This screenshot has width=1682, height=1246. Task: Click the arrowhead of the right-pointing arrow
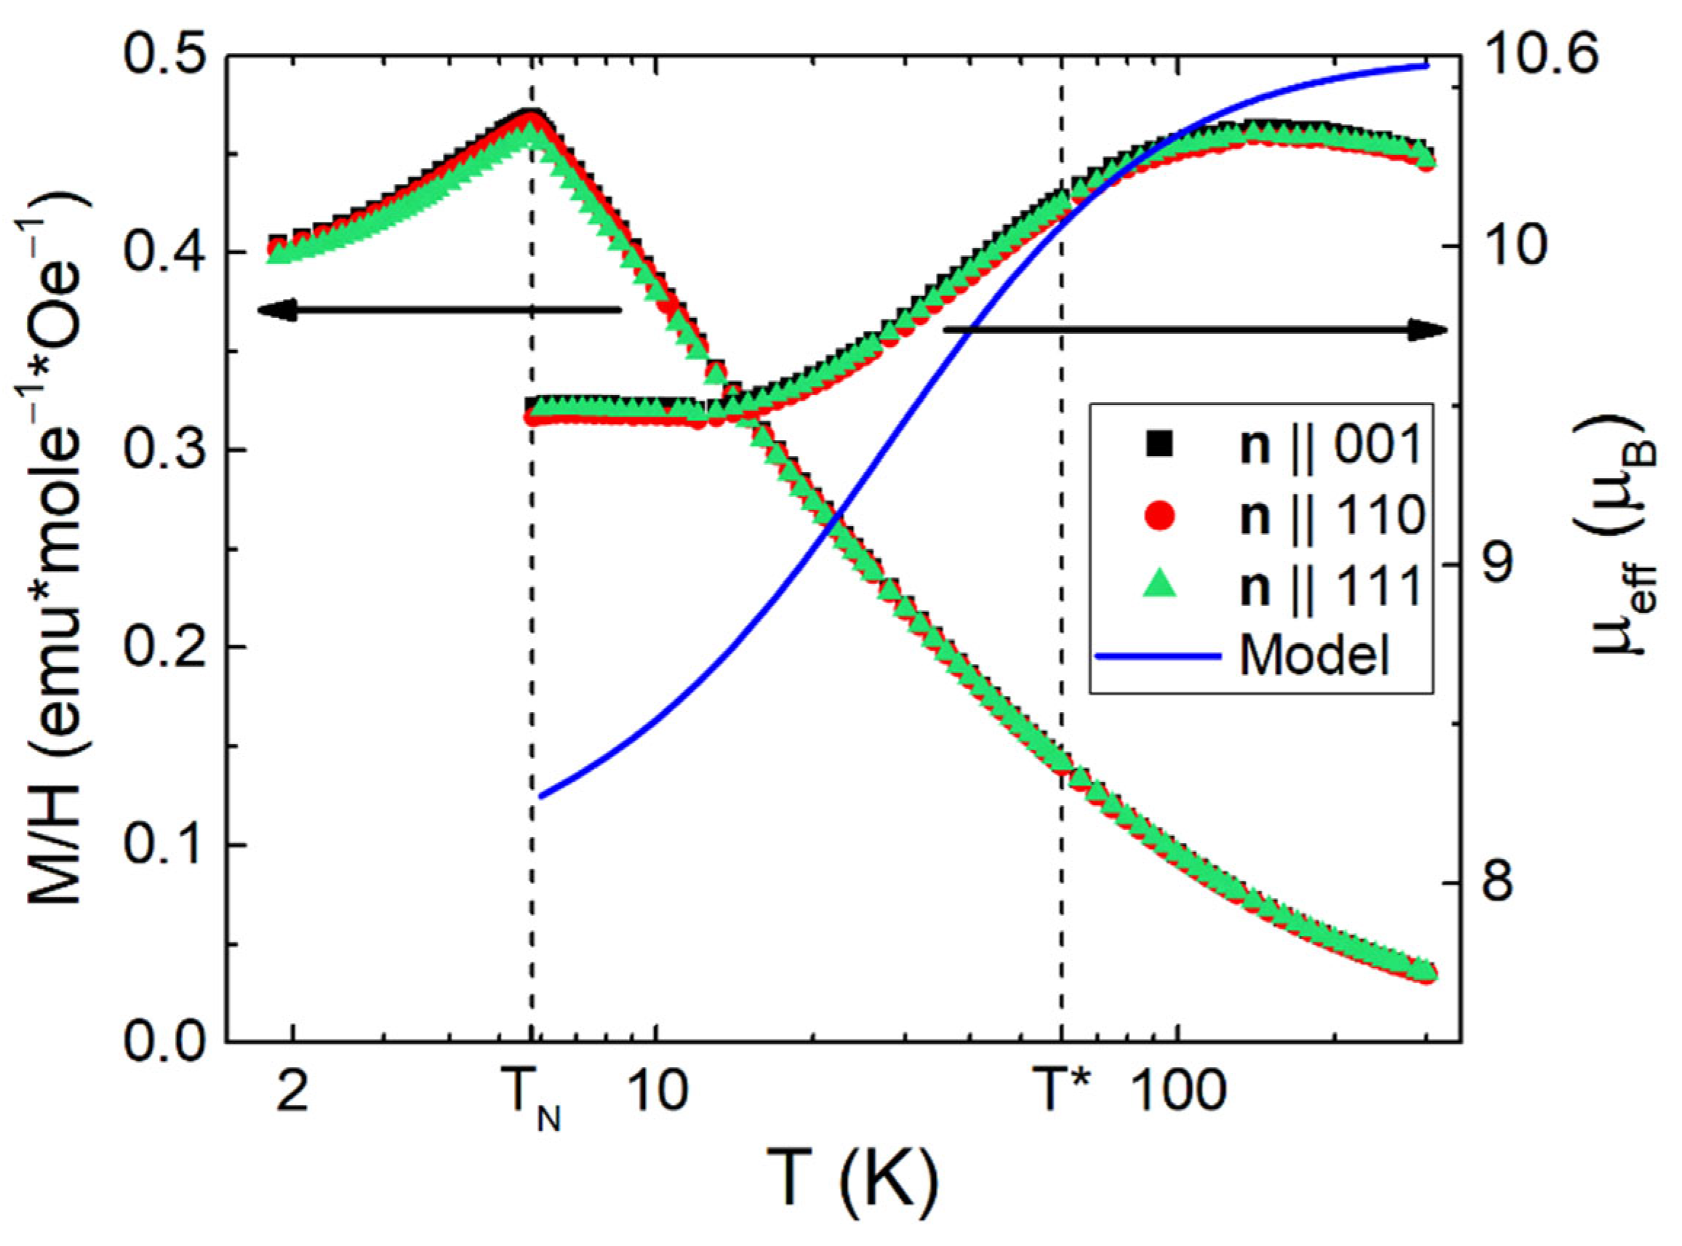pyautogui.click(x=1436, y=330)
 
